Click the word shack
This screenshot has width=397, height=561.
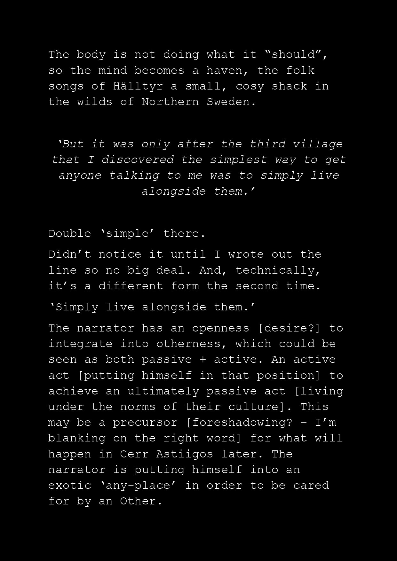[x=289, y=86]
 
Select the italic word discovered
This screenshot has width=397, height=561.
[x=138, y=160]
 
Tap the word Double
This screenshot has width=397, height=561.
[x=70, y=234]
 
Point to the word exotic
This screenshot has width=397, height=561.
[x=70, y=486]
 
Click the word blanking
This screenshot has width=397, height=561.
[x=77, y=438]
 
